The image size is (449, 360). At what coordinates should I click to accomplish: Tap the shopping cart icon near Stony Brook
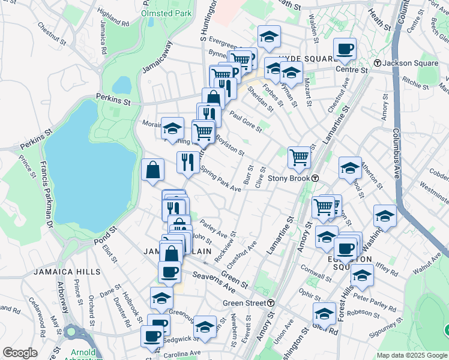point(299,158)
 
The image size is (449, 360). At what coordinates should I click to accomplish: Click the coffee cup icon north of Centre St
point(345,49)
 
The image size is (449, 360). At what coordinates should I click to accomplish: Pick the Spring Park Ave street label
point(220,179)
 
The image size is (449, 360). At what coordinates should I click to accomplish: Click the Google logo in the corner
point(20,353)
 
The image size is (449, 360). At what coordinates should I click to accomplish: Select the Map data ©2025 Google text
point(412,355)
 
